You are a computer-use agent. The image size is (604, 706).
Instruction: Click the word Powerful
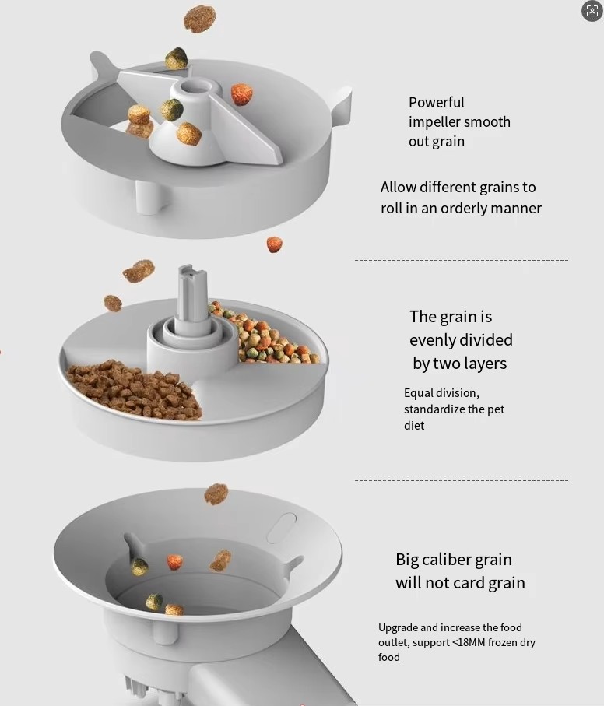(436, 102)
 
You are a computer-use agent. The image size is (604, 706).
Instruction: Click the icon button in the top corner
(592, 11)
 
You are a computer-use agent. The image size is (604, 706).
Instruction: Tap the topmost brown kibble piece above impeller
(199, 19)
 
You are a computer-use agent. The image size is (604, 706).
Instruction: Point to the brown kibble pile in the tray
(134, 389)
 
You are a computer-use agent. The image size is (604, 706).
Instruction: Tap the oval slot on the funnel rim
(281, 528)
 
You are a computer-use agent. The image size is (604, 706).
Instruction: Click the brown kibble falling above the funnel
(216, 493)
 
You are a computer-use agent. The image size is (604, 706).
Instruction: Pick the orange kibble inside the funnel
(175, 561)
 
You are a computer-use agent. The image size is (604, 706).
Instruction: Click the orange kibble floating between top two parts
(274, 244)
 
